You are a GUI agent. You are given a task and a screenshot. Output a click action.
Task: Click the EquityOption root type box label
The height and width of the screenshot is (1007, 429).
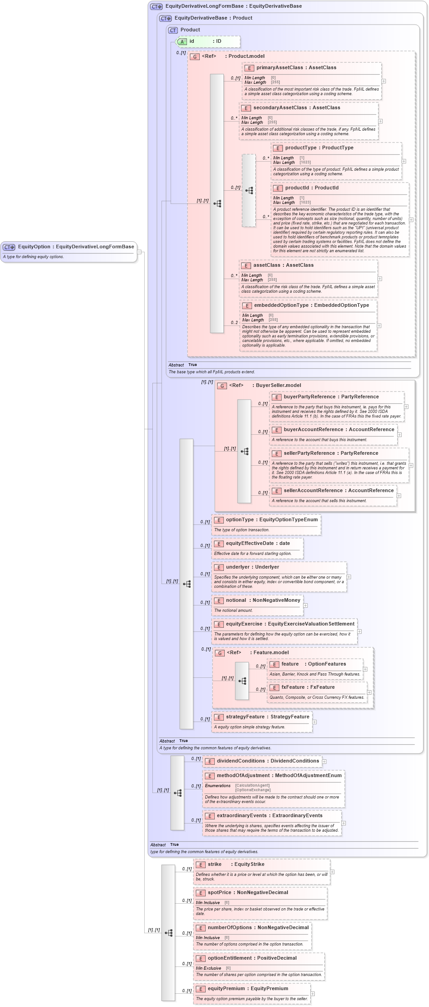(x=76, y=247)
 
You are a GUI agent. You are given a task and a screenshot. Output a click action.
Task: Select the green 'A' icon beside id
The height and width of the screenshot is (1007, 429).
(x=182, y=41)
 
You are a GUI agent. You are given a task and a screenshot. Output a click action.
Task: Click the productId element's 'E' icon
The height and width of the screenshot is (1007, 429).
(x=278, y=188)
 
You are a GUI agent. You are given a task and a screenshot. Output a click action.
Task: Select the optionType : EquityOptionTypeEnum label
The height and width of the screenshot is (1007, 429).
(x=272, y=519)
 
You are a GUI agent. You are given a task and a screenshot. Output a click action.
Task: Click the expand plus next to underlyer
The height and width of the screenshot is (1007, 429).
(x=349, y=577)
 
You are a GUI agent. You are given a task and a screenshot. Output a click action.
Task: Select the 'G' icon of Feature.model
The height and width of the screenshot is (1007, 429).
(x=220, y=653)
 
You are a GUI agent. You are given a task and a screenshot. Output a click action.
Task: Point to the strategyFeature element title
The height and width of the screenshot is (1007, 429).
(x=267, y=717)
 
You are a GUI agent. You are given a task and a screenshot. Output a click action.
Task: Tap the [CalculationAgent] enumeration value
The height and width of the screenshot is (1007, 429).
(x=252, y=785)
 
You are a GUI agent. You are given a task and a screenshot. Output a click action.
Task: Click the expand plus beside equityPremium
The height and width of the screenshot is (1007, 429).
(x=313, y=994)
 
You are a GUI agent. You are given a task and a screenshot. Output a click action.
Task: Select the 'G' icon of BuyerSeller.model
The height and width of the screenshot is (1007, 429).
(x=222, y=386)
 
